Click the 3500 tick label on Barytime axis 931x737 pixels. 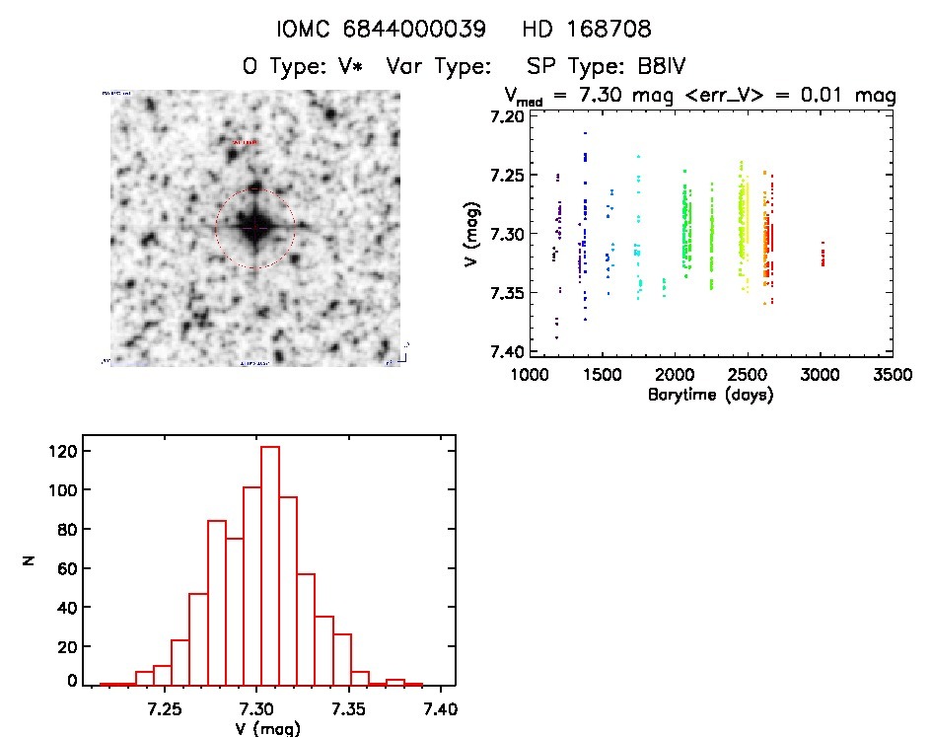coord(892,376)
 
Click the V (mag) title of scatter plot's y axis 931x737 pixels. coord(476,234)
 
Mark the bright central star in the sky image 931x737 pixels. coord(254,227)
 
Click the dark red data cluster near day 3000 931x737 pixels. coord(823,257)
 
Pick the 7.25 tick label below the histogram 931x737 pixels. coord(165,708)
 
